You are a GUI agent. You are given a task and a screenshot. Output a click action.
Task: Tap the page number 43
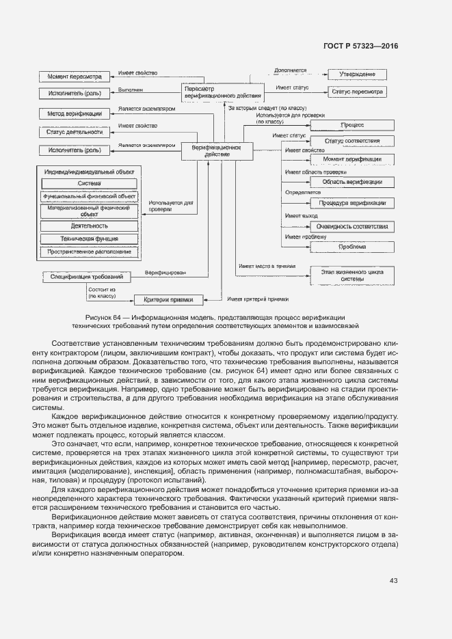pos(394,581)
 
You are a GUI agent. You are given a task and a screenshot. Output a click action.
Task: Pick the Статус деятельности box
pos(70,132)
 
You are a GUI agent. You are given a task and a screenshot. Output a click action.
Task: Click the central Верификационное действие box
pos(215,150)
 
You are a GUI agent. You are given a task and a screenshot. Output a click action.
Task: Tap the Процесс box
pos(352,125)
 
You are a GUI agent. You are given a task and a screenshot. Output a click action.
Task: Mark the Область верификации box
pos(352,182)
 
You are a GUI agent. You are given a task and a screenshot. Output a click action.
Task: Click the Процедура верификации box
pos(352,203)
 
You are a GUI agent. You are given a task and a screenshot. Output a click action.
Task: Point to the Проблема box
pos(352,246)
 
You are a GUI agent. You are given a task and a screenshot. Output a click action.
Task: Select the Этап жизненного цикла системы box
pos(352,275)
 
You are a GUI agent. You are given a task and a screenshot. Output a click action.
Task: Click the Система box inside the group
pos(89,183)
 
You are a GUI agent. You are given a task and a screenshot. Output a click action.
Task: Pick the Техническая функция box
pos(89,239)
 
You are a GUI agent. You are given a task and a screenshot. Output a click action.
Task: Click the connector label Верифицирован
pos(165,273)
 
